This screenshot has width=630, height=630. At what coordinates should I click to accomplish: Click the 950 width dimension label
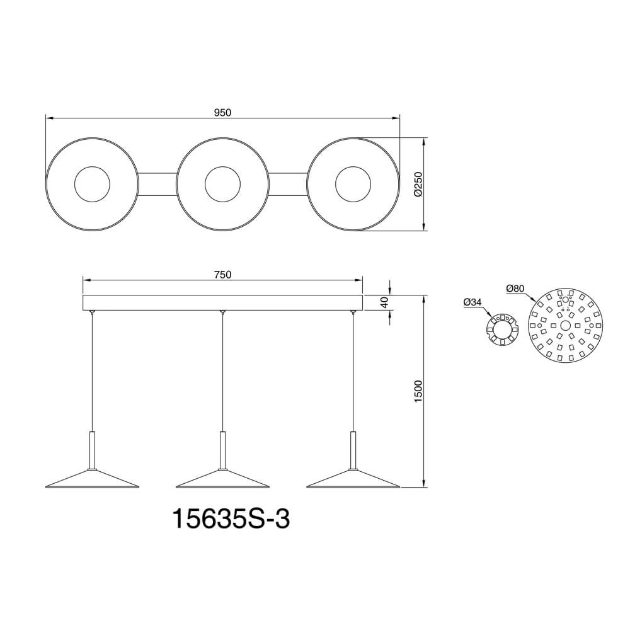pyautogui.click(x=223, y=113)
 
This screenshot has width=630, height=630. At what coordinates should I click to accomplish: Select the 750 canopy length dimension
pyautogui.click(x=223, y=275)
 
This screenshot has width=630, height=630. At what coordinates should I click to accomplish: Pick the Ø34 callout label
pyautogui.click(x=472, y=302)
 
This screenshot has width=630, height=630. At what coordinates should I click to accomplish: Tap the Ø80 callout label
pyautogui.click(x=515, y=289)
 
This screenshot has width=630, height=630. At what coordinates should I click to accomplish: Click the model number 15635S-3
pyautogui.click(x=231, y=520)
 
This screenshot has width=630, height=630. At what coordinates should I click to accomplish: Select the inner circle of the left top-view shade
pyautogui.click(x=92, y=185)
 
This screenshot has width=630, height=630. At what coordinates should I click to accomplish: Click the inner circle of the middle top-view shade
pyautogui.click(x=222, y=185)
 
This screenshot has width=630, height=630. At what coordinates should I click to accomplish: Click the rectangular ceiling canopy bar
pyautogui.click(x=223, y=302)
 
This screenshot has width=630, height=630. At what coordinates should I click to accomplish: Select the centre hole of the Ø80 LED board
pyautogui.click(x=565, y=325)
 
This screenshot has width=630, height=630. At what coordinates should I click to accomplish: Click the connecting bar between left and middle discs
pyautogui.click(x=157, y=185)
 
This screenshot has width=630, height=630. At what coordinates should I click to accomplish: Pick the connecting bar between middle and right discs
pyautogui.click(x=287, y=185)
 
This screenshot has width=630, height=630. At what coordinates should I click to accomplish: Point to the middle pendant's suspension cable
pyautogui.click(x=222, y=372)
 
